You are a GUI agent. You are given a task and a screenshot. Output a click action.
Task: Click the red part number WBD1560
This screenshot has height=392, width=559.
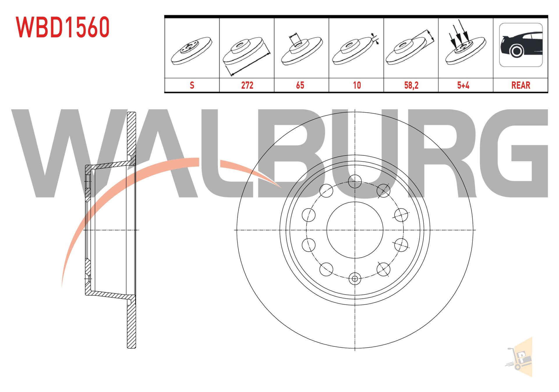[63, 27]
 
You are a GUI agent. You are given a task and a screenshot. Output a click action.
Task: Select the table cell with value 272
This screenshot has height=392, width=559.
[247, 85]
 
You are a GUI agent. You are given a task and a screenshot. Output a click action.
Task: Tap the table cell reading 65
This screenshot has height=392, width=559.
[300, 85]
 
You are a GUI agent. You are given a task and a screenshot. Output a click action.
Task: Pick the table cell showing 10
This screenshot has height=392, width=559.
[357, 85]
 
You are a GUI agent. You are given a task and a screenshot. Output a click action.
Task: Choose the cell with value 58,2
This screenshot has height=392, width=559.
[411, 85]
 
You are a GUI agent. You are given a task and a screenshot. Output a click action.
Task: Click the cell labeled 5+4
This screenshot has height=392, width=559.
[463, 85]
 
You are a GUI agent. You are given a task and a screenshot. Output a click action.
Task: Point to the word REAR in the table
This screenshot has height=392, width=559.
[521, 85]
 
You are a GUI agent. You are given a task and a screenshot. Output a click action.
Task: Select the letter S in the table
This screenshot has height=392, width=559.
[192, 85]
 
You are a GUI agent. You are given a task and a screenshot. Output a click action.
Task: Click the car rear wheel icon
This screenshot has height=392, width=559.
[521, 45]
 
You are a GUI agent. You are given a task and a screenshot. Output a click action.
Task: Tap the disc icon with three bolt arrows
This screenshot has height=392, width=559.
[465, 44]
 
